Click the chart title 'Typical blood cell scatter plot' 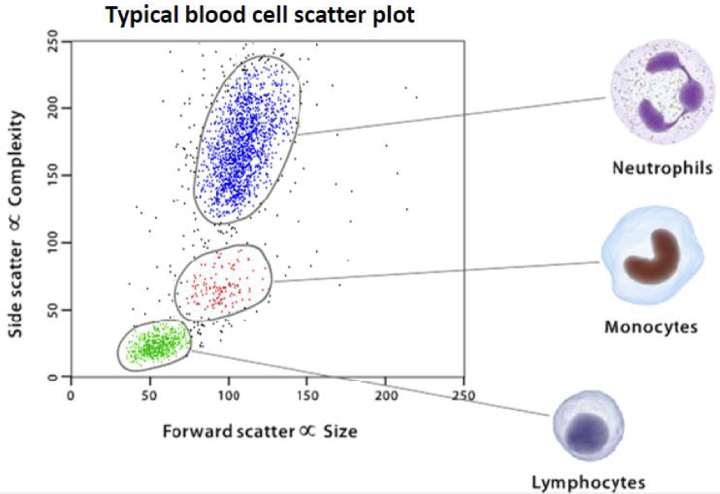point(261,15)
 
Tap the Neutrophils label point(663,168)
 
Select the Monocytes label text point(651,327)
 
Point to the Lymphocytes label point(588,482)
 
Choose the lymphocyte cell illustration point(588,426)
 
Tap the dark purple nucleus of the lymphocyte point(587,433)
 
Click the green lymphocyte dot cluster point(155,345)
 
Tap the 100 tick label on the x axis point(228,395)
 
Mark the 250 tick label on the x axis point(464,395)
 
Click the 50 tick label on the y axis point(54,310)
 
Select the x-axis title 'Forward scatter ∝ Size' point(260,432)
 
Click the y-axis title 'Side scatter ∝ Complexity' point(16,224)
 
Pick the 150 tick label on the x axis point(306,395)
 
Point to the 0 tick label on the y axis point(54,377)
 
